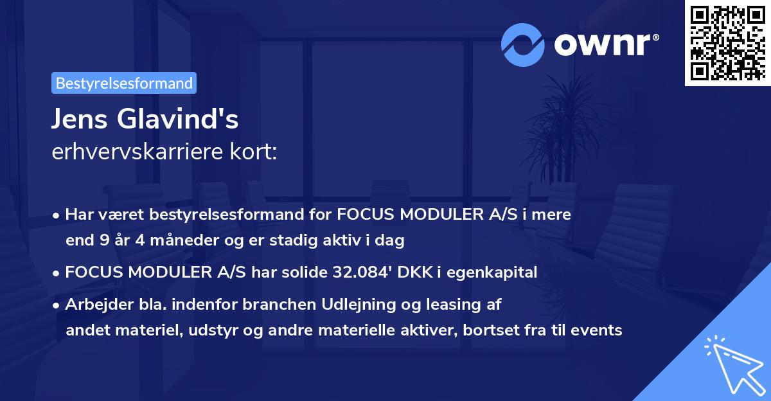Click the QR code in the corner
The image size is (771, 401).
tap(727, 43)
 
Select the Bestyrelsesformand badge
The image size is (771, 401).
tap(124, 83)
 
